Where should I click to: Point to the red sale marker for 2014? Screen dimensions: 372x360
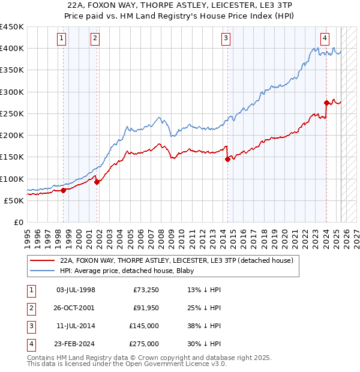click(228, 159)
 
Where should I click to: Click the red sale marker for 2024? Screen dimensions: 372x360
click(327, 103)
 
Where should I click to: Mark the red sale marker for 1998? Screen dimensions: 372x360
click(63, 190)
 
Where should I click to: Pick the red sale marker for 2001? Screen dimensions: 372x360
click(97, 182)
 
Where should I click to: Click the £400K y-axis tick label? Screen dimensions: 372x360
click(12, 49)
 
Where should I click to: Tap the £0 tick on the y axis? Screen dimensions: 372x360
click(18, 222)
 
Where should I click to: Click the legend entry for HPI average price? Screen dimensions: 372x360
click(118, 271)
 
